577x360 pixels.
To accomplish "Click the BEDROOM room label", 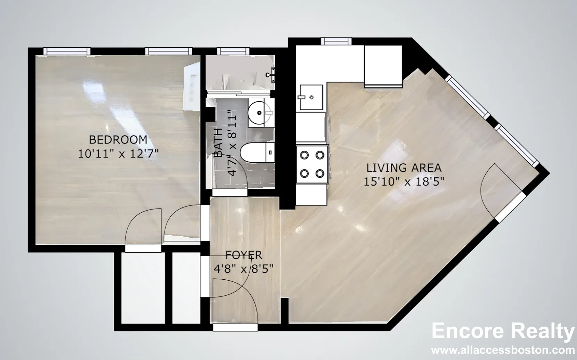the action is click(x=118, y=140).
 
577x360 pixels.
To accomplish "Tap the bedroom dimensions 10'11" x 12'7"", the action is click(x=118, y=154).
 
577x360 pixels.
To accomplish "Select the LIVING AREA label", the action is click(x=404, y=168).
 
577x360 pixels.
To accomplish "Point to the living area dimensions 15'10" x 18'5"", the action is click(x=404, y=182).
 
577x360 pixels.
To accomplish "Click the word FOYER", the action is click(x=244, y=255).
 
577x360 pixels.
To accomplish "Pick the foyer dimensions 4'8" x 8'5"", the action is click(x=243, y=269).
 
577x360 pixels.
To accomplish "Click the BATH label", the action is click(x=218, y=142).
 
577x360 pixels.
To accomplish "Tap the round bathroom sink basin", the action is click(x=259, y=113).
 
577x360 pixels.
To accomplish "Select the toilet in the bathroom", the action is click(x=257, y=153).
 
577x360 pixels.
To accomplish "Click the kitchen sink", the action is click(x=311, y=97).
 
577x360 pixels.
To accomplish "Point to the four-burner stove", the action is click(x=312, y=164).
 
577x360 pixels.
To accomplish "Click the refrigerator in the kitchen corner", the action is click(x=383, y=66).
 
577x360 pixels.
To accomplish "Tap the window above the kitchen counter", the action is click(x=336, y=41).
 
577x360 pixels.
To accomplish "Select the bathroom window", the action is click(x=233, y=51).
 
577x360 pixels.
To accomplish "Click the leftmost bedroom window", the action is click(x=67, y=51).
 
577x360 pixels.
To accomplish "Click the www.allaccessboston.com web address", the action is click(x=503, y=350).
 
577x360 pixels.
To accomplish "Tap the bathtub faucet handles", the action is click(x=270, y=75).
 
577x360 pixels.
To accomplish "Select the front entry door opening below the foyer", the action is click(x=235, y=327).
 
